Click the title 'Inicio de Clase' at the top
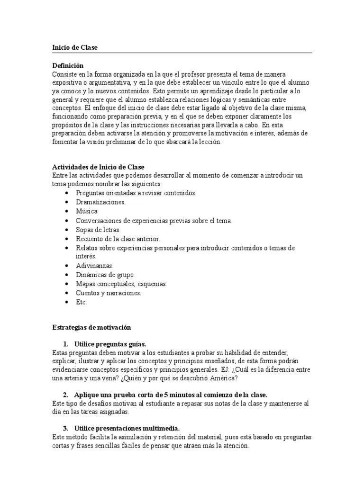click(75, 47)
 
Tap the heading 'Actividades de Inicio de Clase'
click(98, 167)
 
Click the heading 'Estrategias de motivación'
click(91, 327)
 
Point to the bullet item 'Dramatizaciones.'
click(100, 202)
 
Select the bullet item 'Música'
click(87, 211)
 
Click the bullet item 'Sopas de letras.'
click(95, 230)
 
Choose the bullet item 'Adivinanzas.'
click(95, 266)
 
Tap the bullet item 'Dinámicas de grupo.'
click(106, 275)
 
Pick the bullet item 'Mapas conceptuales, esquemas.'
click(121, 284)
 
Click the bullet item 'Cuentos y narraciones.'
click(109, 293)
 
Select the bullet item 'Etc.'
click(82, 302)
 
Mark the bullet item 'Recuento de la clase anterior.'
click(118, 239)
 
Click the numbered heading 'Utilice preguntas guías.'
click(110, 344)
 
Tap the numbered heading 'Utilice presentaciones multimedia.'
click(127, 428)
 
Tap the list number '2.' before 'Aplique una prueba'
click(66, 395)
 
